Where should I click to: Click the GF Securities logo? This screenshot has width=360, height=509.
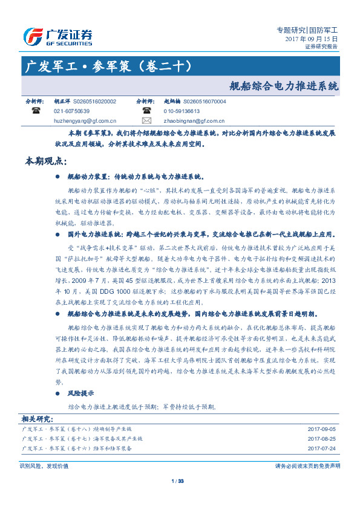[x=57, y=36]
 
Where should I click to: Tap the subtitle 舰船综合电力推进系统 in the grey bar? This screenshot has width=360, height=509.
[x=284, y=86]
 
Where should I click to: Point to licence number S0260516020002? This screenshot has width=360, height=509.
[x=94, y=102]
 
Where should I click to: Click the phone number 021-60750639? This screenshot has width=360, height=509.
[x=71, y=111]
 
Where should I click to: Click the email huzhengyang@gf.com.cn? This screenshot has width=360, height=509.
[x=85, y=121]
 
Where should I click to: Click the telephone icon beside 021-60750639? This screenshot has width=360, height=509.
[x=36, y=111]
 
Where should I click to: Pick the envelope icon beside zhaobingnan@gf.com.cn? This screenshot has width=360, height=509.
[x=147, y=121]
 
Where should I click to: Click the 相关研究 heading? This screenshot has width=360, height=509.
[x=37, y=418]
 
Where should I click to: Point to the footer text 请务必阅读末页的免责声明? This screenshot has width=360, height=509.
[x=307, y=466]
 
